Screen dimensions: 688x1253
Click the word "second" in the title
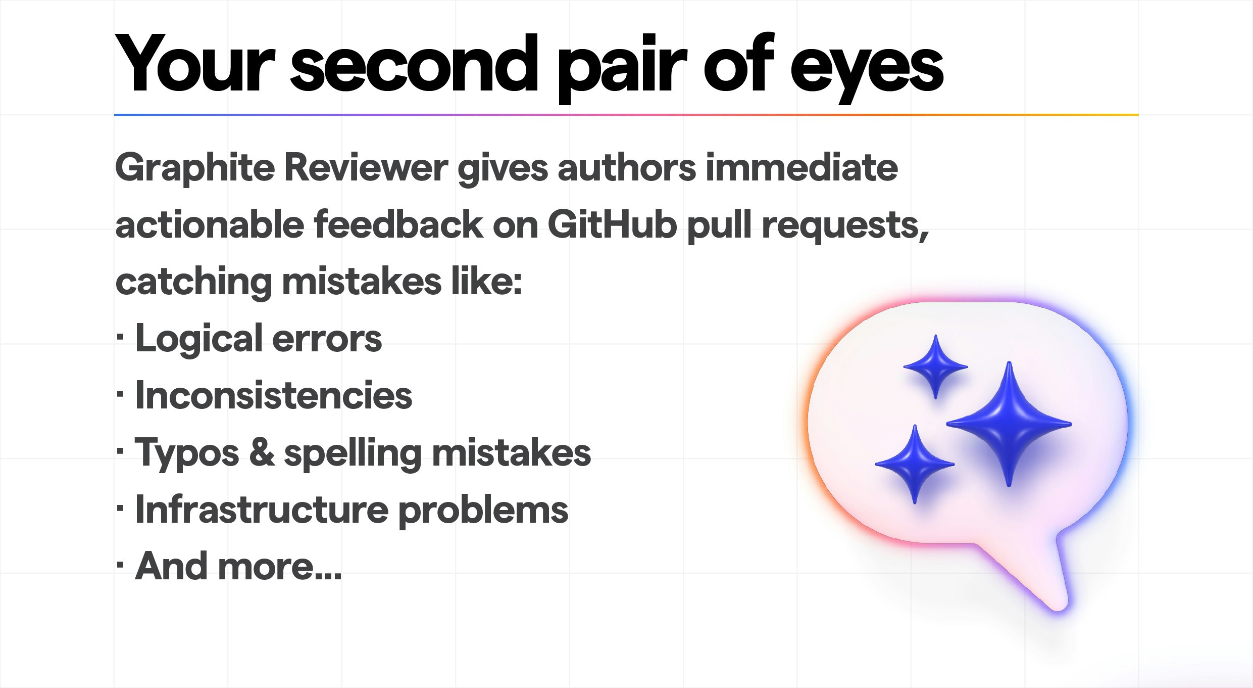pyautogui.click(x=414, y=64)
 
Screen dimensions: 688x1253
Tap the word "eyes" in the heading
pyautogui.click(x=866, y=68)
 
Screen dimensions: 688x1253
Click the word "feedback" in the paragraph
pyautogui.click(x=398, y=225)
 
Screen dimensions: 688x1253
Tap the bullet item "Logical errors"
pyautogui.click(x=258, y=339)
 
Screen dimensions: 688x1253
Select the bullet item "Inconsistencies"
pyautogui.click(x=273, y=396)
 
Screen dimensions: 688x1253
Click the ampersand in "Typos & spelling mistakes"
pyautogui.click(x=262, y=452)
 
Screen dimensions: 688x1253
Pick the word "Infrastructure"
pyautogui.click(x=262, y=510)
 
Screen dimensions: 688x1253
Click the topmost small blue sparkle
pyautogui.click(x=935, y=366)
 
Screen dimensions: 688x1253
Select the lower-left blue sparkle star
pyautogui.click(x=915, y=464)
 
